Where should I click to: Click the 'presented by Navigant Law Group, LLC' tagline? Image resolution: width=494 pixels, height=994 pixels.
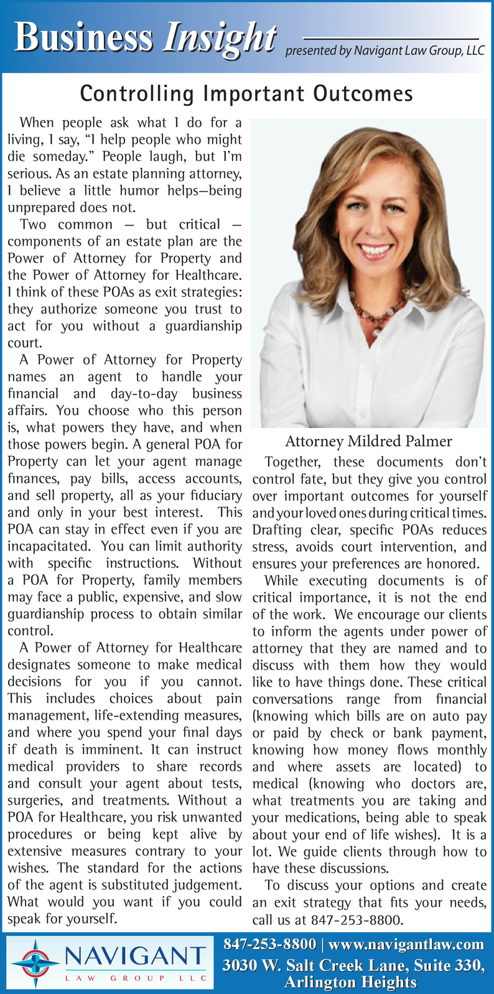pyautogui.click(x=384, y=51)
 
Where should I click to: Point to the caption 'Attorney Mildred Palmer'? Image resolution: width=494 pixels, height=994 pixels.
pyautogui.click(x=368, y=442)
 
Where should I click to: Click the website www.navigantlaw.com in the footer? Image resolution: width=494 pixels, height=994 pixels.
pyautogui.click(x=406, y=944)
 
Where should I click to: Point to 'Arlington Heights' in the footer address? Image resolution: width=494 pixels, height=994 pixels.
pyautogui.click(x=350, y=982)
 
